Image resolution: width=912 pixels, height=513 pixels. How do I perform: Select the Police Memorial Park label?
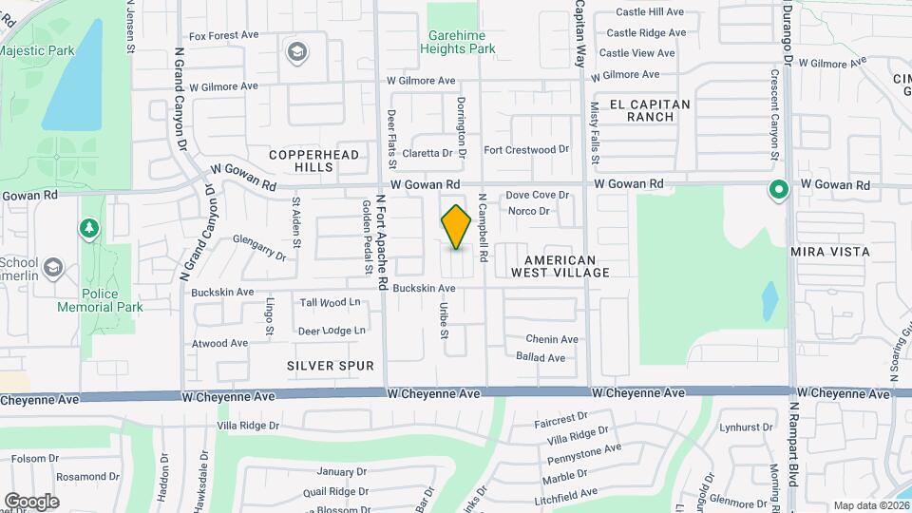point(113,300)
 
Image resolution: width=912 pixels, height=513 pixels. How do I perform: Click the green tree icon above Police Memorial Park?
point(88,228)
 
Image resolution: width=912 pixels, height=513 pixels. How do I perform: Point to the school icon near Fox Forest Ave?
point(296,50)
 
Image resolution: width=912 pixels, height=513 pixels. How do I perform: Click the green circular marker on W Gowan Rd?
point(779,191)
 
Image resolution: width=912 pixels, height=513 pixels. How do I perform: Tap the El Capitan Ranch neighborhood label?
point(656,110)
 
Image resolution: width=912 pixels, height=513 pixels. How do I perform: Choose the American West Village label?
point(560,266)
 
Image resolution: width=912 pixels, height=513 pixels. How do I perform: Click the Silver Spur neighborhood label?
point(331,366)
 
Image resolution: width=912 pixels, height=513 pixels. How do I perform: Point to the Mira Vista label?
point(830,252)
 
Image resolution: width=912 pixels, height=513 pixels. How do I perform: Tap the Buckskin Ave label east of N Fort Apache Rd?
point(424,287)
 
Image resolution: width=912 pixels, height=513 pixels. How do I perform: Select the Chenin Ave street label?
point(552,339)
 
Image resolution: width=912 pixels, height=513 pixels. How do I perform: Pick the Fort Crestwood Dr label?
point(526,150)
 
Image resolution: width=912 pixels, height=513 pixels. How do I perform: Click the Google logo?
point(31,501)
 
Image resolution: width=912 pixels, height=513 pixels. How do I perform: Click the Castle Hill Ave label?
point(651,12)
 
